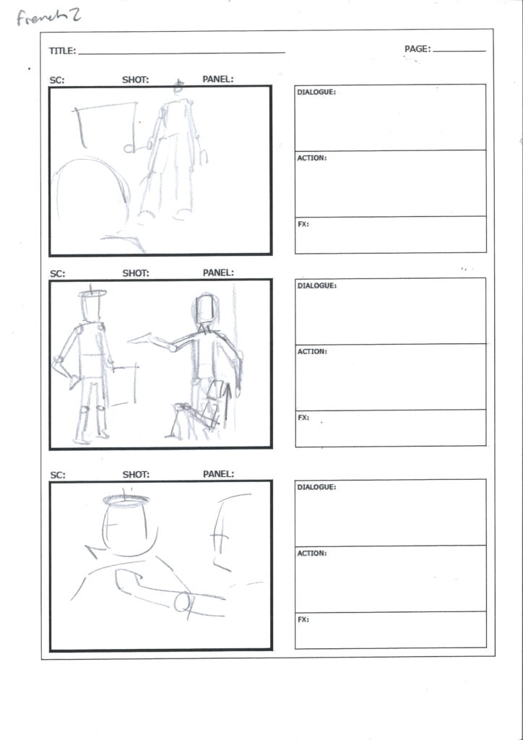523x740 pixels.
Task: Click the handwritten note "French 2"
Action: pos(48,17)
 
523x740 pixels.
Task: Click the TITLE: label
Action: pos(62,51)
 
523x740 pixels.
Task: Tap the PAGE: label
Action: pos(418,48)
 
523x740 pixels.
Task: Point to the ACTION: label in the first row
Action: pos(312,158)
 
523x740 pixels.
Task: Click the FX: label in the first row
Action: pos(303,224)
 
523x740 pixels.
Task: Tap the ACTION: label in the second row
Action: pos(312,352)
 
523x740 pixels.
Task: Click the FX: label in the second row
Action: pos(303,418)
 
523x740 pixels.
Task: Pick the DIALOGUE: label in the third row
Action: pos(316,487)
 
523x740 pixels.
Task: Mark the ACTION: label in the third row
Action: pos(312,553)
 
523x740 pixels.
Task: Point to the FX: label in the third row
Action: pos(303,619)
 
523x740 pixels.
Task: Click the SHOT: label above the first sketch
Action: pos(135,79)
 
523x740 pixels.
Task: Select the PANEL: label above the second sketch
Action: pos(218,272)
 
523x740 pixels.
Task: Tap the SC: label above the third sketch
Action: pos(57,476)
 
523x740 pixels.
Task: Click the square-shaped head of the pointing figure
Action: pos(206,309)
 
